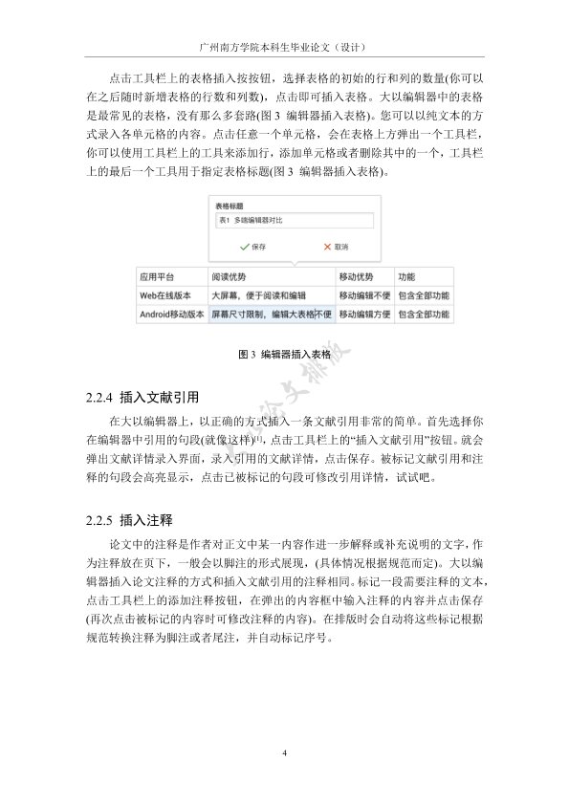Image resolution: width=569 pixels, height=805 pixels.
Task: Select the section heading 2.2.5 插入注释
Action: coord(128,521)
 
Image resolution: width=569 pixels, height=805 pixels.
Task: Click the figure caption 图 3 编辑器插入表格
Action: coord(284,354)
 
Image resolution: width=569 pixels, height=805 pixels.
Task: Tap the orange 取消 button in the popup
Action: coord(335,247)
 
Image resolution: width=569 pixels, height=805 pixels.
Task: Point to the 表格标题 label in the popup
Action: coord(230,206)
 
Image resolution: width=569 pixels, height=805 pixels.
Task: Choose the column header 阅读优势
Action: coord(229,277)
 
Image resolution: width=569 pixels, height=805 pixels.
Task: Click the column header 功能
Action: coord(406,277)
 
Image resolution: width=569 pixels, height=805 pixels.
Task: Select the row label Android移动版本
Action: coord(172,314)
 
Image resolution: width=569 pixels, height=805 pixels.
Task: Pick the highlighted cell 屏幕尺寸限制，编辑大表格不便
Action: coord(272,314)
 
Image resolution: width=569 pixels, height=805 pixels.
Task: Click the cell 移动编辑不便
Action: coord(364,295)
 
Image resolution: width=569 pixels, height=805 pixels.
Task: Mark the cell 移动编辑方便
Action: coord(364,314)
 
